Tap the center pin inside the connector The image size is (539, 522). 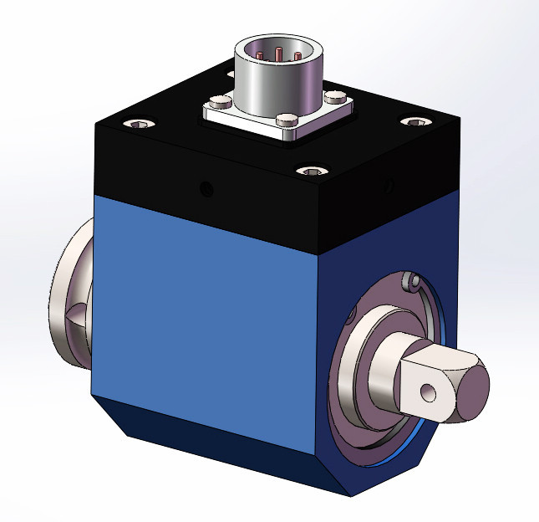click(278, 55)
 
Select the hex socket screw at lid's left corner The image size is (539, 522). click(139, 125)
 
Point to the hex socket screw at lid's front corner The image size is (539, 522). click(311, 172)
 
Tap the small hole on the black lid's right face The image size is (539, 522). click(386, 183)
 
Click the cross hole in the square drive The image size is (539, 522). click(428, 391)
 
